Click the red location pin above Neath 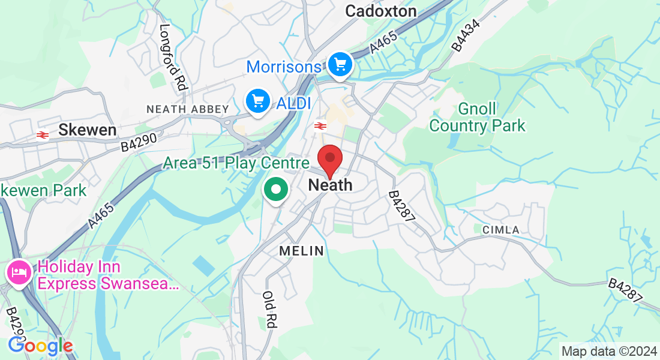[329, 159]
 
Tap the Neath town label [330, 185]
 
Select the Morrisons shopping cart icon [340, 64]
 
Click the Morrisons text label [284, 67]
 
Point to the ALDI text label [293, 103]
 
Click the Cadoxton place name [381, 11]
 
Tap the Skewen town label [87, 130]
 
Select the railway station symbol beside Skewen [42, 135]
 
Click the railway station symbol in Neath [320, 125]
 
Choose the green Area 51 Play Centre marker [276, 190]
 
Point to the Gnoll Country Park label [478, 118]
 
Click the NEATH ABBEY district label [188, 109]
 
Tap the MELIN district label [301, 251]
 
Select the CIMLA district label [500, 230]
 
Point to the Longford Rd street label [172, 58]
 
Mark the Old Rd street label [269, 310]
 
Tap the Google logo [40, 346]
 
